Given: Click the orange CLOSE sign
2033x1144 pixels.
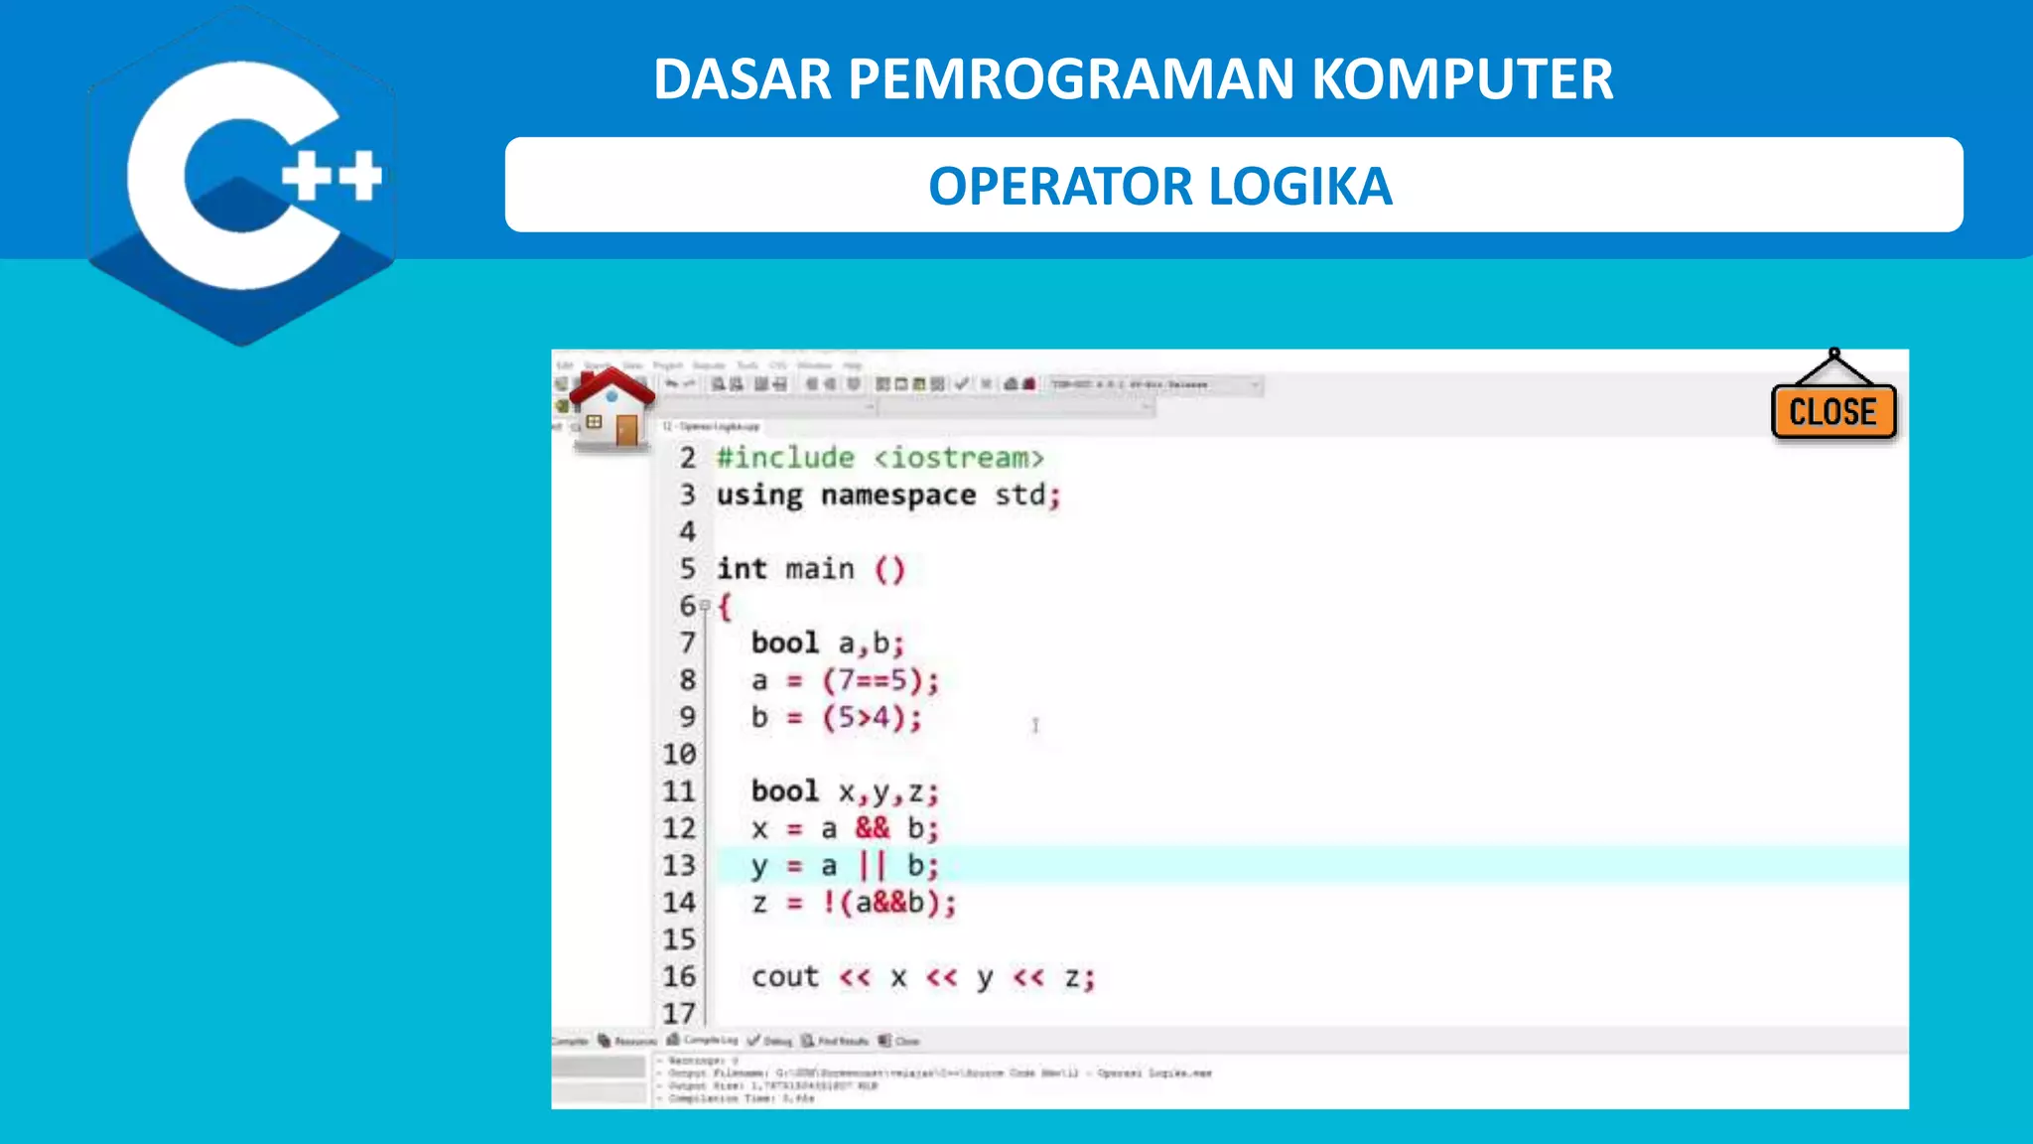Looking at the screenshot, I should (x=1832, y=411).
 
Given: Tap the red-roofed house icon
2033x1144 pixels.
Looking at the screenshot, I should (x=610, y=407).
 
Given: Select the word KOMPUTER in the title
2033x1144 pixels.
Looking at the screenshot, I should (x=1462, y=79).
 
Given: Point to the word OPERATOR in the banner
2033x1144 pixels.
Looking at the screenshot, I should (x=1060, y=187).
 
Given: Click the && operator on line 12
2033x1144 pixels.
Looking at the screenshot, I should (x=873, y=828).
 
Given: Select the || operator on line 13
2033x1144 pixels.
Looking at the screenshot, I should (x=872, y=865).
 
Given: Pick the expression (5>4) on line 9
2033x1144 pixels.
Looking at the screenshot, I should (x=864, y=717).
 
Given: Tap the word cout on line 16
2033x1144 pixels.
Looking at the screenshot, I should (x=784, y=977).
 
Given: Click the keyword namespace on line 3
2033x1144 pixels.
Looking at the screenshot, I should (x=897, y=495).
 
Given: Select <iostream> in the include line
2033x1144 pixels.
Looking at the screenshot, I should (x=959, y=458).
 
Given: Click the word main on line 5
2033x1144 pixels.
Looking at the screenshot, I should (x=819, y=569).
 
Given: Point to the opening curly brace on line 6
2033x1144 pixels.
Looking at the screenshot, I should (x=725, y=607).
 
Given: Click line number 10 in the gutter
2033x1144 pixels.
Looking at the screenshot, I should (x=679, y=755).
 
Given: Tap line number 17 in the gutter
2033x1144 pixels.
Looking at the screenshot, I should (x=679, y=1013).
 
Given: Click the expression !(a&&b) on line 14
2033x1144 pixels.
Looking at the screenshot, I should (x=887, y=903).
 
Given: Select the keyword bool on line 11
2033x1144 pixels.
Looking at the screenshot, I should (x=784, y=791).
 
